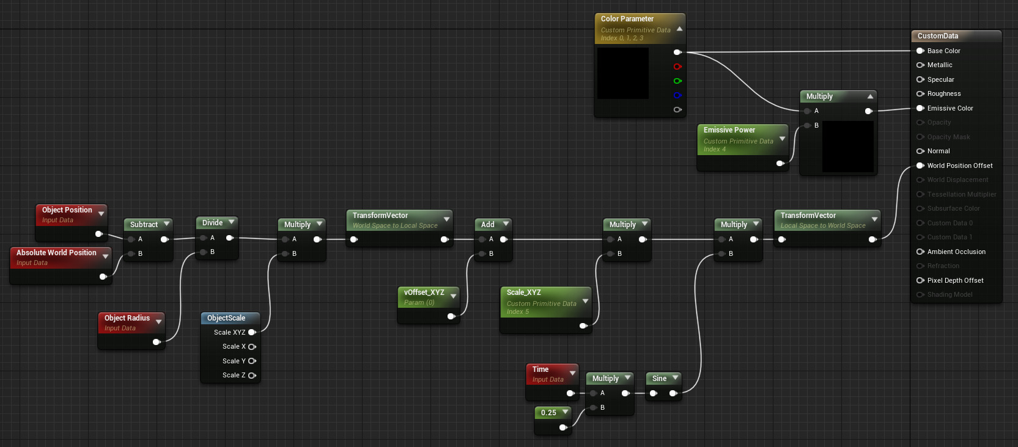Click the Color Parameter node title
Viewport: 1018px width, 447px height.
coord(627,19)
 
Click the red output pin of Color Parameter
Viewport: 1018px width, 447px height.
coord(677,67)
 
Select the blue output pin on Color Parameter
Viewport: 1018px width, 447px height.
coord(677,95)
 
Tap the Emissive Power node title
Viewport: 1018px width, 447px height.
coord(729,130)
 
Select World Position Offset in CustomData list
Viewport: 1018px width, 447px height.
coord(959,165)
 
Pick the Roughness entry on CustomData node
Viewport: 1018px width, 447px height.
coord(943,94)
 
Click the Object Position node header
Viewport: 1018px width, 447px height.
coord(67,210)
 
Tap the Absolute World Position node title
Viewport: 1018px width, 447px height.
coord(56,253)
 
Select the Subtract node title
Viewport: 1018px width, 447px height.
coord(144,225)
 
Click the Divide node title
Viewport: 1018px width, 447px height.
coord(212,223)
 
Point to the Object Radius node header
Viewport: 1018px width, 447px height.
coord(127,318)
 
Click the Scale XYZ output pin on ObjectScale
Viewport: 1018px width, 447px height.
coord(252,332)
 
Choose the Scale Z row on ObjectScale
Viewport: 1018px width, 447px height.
coord(234,376)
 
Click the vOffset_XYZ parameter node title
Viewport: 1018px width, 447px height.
coord(424,293)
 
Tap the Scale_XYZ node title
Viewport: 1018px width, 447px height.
coord(523,293)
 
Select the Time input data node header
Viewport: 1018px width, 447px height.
coord(540,369)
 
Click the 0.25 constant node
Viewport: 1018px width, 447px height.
coord(548,413)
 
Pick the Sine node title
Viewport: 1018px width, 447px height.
coord(659,379)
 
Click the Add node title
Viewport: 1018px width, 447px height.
coord(487,225)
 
